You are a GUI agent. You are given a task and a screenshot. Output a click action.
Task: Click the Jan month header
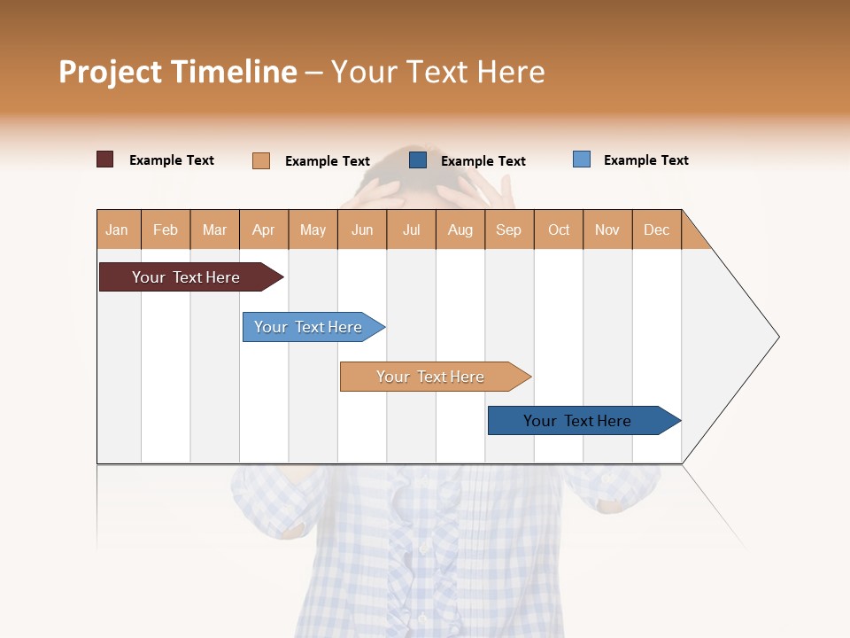tap(118, 230)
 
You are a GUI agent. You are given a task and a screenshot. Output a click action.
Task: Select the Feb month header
tap(166, 230)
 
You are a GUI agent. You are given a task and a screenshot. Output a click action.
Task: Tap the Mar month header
tap(214, 230)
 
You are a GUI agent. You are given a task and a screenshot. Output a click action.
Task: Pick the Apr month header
tap(264, 230)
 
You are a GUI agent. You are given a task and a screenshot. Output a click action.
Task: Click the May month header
tap(313, 230)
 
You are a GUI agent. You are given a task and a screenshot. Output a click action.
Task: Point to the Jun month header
tap(362, 230)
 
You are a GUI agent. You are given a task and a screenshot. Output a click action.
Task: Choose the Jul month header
tap(411, 230)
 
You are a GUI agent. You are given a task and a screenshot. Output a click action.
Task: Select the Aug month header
tap(460, 230)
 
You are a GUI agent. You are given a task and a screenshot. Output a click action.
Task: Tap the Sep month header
tap(509, 230)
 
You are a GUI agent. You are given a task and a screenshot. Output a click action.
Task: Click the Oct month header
tap(559, 230)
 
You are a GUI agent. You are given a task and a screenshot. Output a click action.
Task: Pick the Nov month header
tap(607, 230)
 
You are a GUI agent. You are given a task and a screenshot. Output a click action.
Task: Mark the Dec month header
tap(657, 230)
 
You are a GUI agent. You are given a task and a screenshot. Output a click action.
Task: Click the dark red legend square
tap(104, 159)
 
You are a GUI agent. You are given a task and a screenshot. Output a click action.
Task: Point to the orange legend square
tap(260, 160)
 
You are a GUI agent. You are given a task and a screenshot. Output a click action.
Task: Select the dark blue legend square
tap(418, 159)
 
